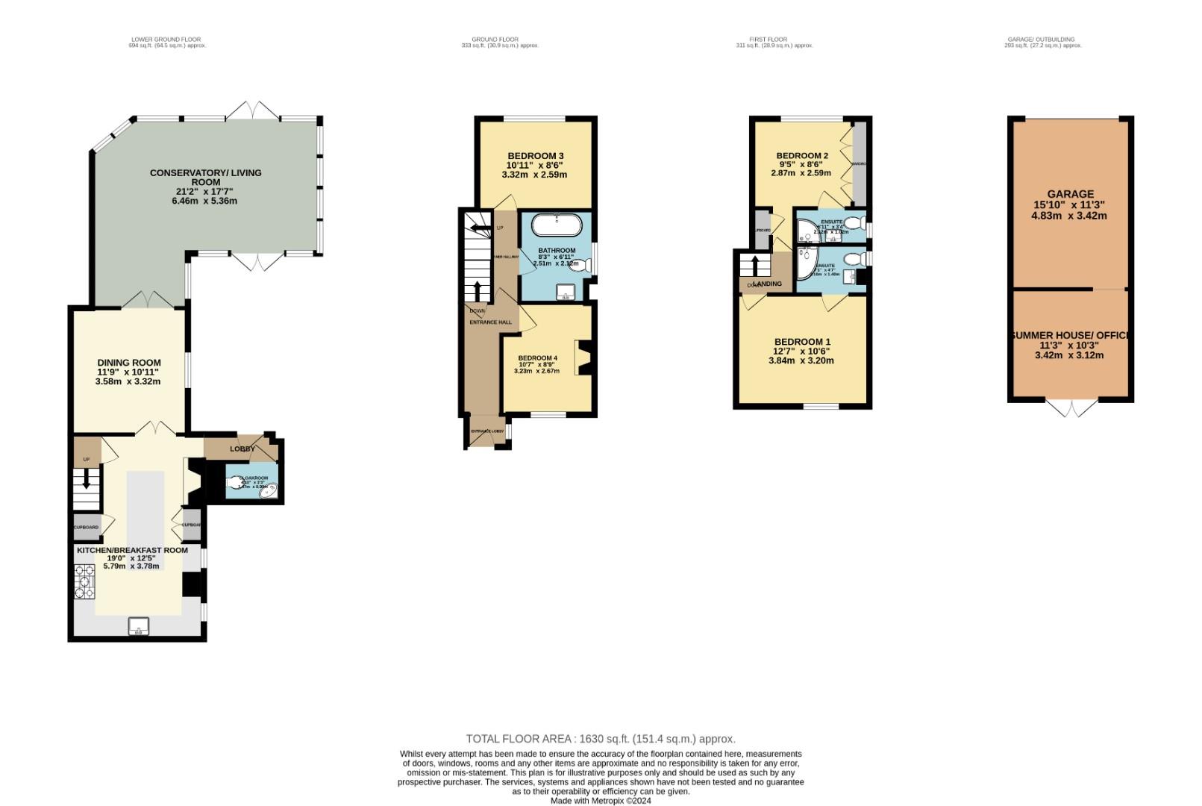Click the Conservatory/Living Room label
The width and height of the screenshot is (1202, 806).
click(205, 177)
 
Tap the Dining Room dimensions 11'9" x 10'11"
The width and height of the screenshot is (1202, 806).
click(128, 372)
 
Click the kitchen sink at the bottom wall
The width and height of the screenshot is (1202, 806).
click(138, 625)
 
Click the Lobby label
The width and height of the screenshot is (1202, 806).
click(242, 449)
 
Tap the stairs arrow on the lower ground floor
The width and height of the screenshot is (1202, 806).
click(86, 477)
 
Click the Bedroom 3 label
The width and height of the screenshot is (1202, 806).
click(536, 155)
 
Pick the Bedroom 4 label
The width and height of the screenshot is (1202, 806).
click(537, 357)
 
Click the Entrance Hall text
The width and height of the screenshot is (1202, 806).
click(490, 322)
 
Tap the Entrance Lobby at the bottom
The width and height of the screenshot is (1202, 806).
click(486, 431)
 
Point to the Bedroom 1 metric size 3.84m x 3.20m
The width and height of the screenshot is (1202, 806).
click(801, 360)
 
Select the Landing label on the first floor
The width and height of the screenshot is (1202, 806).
click(768, 284)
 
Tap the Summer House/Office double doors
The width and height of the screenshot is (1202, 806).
click(1071, 408)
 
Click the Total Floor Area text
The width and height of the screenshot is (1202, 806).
click(601, 739)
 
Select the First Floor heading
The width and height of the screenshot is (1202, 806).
click(768, 40)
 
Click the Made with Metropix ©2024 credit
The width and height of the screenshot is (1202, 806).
click(601, 801)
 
